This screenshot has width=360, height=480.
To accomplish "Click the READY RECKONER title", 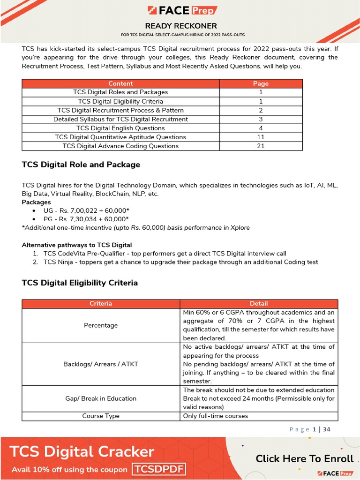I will point(181,26).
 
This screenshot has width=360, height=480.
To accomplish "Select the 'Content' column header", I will point(120,83).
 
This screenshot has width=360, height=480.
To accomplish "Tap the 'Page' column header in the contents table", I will point(261,83).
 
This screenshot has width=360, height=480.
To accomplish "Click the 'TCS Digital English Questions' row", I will point(120,128).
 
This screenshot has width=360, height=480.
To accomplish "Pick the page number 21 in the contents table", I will point(261,146).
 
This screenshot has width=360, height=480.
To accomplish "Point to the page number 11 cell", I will point(261,137).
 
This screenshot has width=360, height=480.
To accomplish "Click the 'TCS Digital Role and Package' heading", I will point(81,165).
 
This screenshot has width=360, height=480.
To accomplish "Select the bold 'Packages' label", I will point(36,202).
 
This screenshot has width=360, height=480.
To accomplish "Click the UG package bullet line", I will point(86,210).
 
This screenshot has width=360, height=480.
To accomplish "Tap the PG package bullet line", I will point(86,219).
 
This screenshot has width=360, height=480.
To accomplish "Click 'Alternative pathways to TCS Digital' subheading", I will point(77,245).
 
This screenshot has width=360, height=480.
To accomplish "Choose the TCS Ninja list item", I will point(180,262).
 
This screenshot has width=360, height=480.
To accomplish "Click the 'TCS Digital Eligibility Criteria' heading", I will point(80,283).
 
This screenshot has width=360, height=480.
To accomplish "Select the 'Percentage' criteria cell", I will point(101,325).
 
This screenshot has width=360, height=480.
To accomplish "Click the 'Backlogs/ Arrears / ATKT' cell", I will point(101,364).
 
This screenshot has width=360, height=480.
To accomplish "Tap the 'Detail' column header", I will point(258,303).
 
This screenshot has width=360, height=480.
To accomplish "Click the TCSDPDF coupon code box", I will point(159,469).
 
